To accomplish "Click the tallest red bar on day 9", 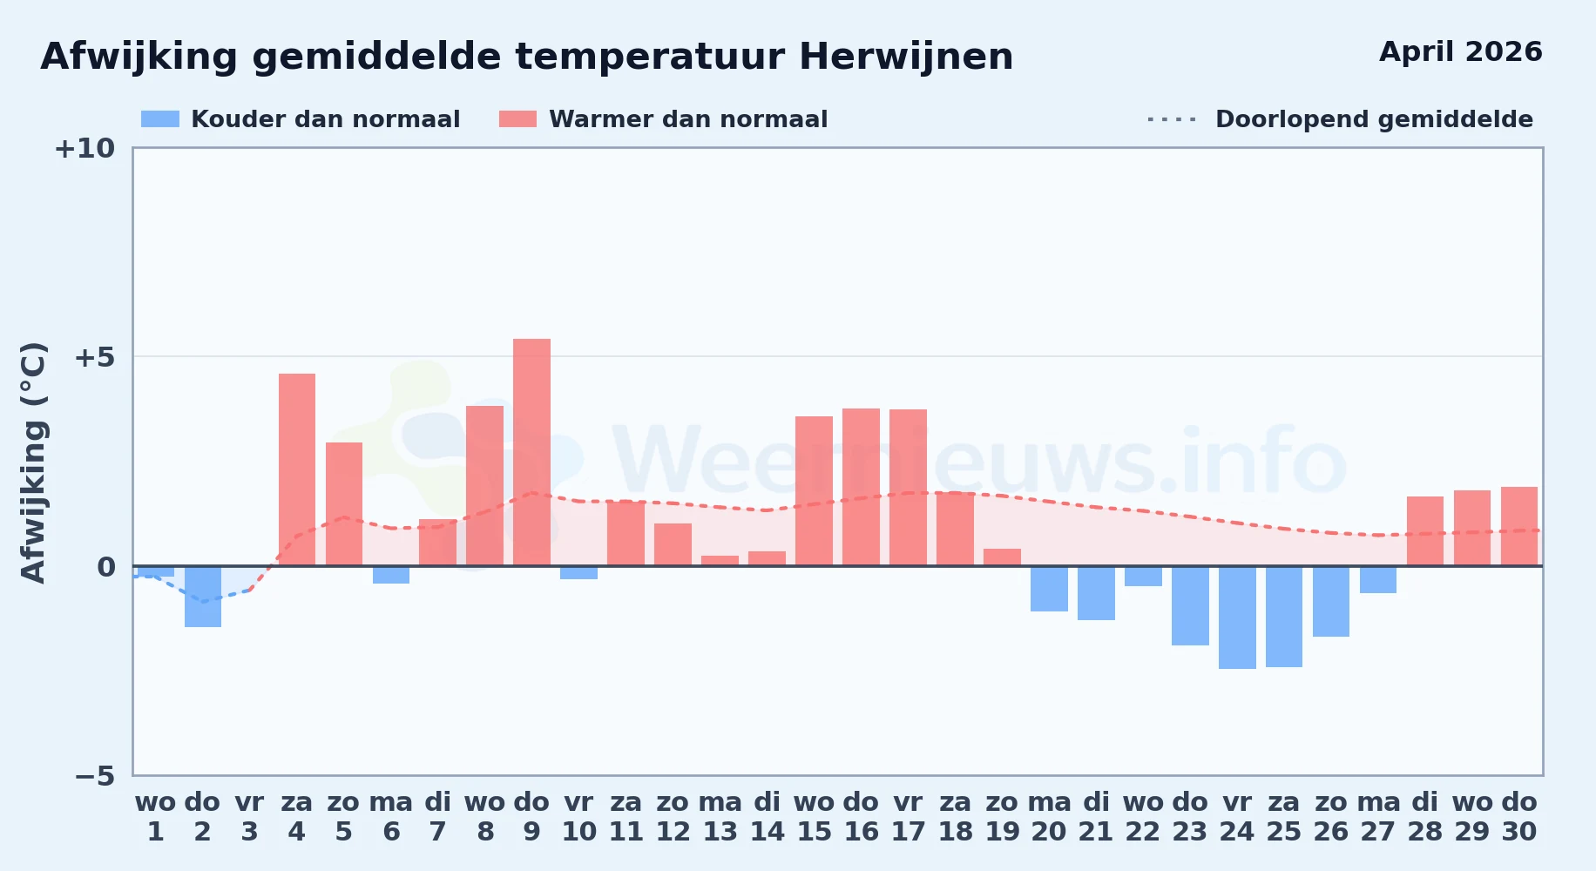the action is (x=531, y=452).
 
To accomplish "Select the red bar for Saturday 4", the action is (x=297, y=469).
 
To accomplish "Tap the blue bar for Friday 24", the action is (x=1237, y=618).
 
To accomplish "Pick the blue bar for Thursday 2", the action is (x=203, y=597).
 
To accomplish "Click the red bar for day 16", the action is (x=861, y=487).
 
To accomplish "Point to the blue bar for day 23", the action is (x=1190, y=605).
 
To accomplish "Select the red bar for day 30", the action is (x=1519, y=526).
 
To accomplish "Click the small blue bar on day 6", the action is (x=391, y=575).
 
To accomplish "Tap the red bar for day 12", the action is (x=673, y=544).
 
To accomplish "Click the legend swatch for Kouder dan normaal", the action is (x=160, y=119).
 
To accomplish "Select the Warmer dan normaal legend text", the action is (x=688, y=119).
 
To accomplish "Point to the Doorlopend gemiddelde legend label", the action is (x=1374, y=119).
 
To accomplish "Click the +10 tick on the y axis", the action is (x=85, y=148).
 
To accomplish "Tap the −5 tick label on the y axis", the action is (x=94, y=775).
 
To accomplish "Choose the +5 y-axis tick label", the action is (x=94, y=357).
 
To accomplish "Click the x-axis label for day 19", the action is (x=1002, y=816).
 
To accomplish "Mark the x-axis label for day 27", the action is (x=1378, y=816).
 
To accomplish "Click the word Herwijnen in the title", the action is (x=906, y=57).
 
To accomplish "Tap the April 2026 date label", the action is (x=1461, y=51).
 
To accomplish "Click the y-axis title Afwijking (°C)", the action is (x=33, y=462).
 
